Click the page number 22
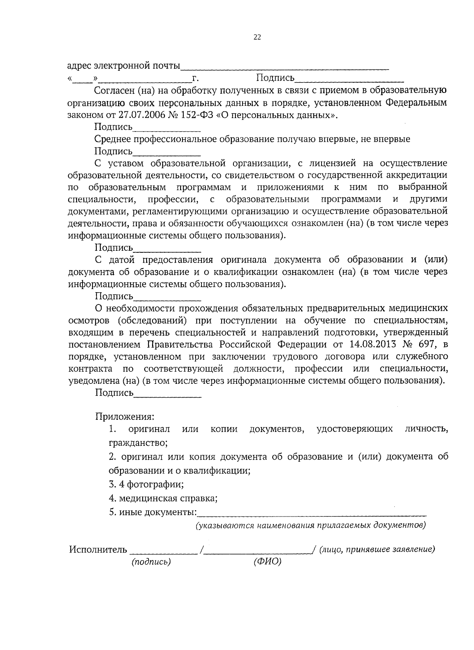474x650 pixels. tap(257, 38)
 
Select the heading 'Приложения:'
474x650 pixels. tap(124, 417)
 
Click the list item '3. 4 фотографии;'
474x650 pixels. tap(146, 484)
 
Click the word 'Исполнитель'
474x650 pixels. tap(98, 550)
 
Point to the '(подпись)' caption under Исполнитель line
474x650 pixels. tap(151, 562)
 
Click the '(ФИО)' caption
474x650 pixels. tap(267, 562)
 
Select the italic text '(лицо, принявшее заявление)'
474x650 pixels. tap(377, 549)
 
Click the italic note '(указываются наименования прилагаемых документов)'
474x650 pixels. tap(311, 526)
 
